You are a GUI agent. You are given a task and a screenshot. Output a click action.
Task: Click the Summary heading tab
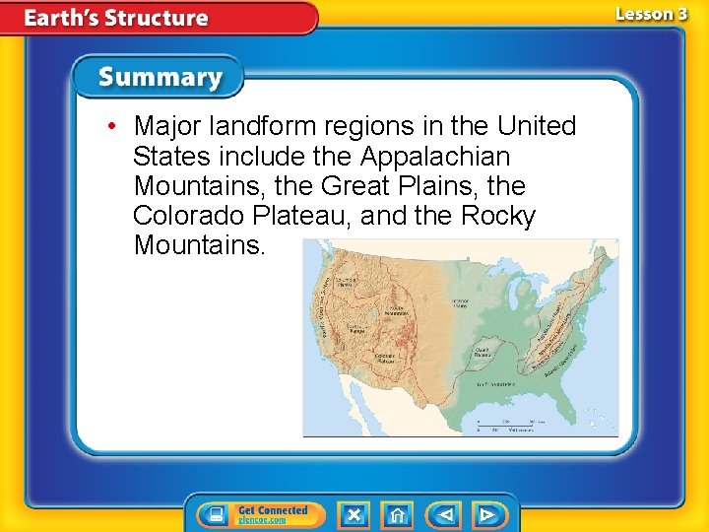pyautogui.click(x=160, y=77)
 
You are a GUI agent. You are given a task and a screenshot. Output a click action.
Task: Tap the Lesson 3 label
pyautogui.click(x=651, y=14)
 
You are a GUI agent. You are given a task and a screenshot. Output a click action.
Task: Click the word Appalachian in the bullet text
pyautogui.click(x=449, y=156)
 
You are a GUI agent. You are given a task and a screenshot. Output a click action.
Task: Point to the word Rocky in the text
pyautogui.click(x=498, y=215)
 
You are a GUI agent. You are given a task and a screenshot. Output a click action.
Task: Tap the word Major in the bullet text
pyautogui.click(x=168, y=126)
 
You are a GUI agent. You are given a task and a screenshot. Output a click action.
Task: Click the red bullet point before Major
pyautogui.click(x=115, y=127)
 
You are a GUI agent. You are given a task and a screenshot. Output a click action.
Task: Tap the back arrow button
pyautogui.click(x=445, y=514)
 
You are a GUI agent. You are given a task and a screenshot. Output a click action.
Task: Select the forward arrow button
pyautogui.click(x=486, y=514)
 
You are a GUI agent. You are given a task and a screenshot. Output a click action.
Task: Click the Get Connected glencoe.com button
pyautogui.click(x=254, y=514)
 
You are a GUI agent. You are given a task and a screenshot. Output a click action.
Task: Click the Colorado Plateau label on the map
pyautogui.click(x=385, y=359)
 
